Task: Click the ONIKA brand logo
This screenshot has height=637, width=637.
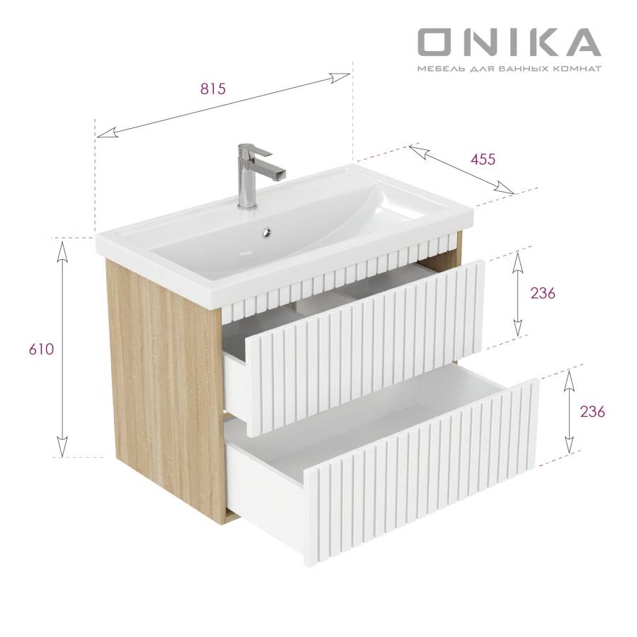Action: [x=510, y=42]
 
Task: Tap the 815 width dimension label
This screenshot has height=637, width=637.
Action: [x=212, y=88]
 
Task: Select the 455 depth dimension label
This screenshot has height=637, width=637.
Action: [x=483, y=159]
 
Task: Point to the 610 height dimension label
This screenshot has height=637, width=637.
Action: [x=42, y=349]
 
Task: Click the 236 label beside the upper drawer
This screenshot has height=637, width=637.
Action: [x=543, y=293]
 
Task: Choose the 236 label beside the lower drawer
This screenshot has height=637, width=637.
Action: [x=592, y=411]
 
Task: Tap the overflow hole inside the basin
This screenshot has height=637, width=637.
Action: [x=267, y=233]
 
